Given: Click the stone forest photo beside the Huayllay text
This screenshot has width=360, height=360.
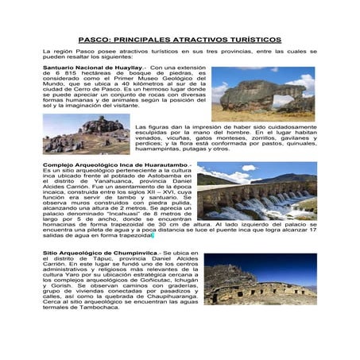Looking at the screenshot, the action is point(263,94).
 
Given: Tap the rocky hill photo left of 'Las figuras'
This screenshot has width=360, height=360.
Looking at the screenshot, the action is point(85,134).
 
